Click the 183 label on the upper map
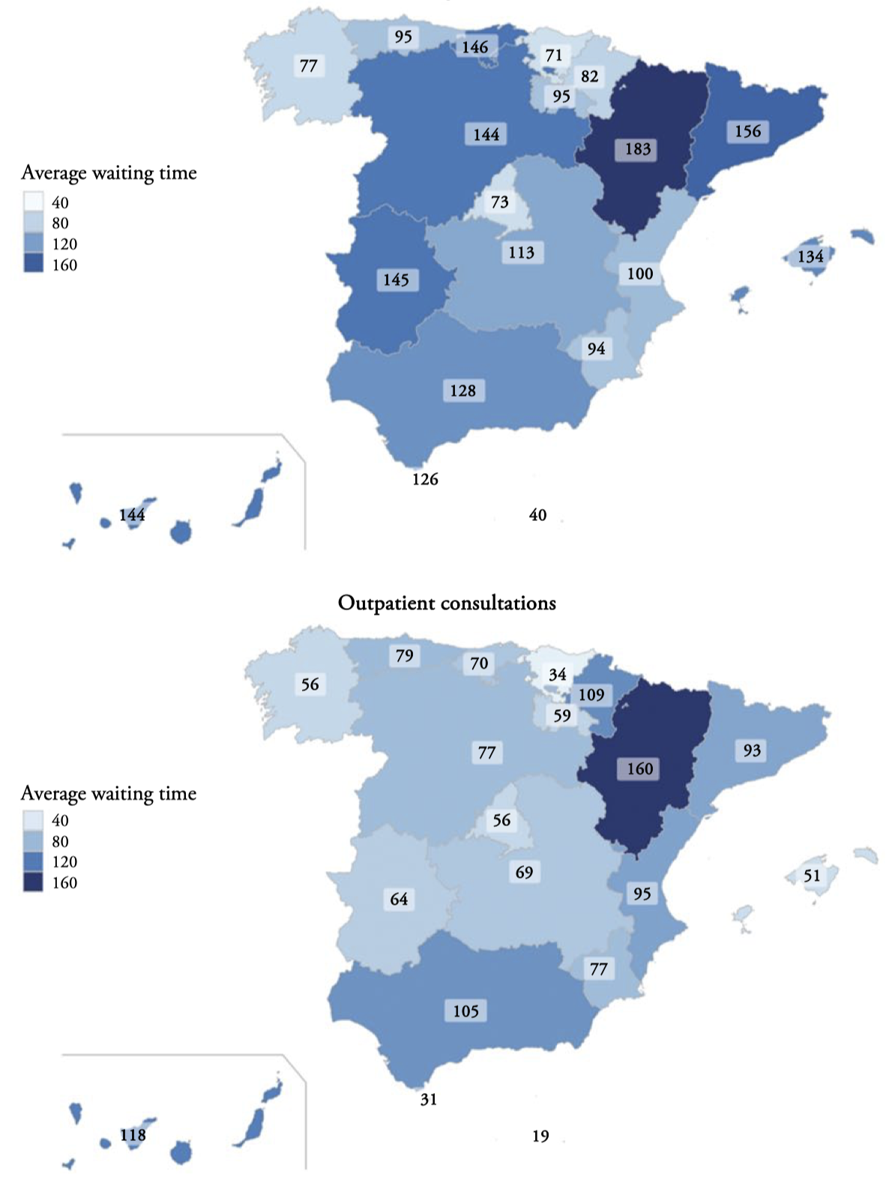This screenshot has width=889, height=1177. [x=638, y=149]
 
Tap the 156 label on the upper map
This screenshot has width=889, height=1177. [x=747, y=132]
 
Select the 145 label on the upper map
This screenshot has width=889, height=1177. [x=396, y=280]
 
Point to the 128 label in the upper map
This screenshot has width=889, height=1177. [x=462, y=391]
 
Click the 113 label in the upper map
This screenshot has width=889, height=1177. [x=521, y=253]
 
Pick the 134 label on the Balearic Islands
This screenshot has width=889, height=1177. [x=810, y=256]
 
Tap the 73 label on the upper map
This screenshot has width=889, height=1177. [x=499, y=202]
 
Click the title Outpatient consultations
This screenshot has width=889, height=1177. [x=447, y=603]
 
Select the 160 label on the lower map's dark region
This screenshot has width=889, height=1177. [x=639, y=769]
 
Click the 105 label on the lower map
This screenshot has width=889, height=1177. [x=465, y=1011]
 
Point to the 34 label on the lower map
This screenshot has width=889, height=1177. [x=557, y=675]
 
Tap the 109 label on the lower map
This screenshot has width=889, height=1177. [x=591, y=695]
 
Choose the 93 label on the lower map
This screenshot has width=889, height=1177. [x=752, y=751]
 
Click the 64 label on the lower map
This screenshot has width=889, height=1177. [x=399, y=899]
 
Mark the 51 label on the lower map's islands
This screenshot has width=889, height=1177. [x=812, y=876]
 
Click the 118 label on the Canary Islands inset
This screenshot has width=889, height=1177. [x=133, y=1135]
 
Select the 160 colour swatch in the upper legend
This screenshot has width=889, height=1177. [x=34, y=264]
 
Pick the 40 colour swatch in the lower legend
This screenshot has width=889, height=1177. [x=34, y=820]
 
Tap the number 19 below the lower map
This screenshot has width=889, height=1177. [x=540, y=1137]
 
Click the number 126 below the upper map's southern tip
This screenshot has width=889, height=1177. [x=425, y=479]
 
